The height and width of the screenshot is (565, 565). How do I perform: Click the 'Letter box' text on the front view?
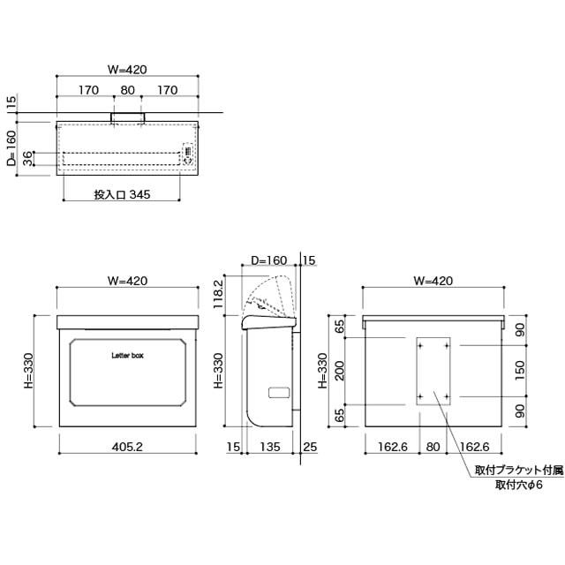tap(127, 356)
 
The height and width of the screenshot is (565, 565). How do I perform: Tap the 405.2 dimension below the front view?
tap(127, 447)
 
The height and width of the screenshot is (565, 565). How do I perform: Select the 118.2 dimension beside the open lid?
tap(218, 294)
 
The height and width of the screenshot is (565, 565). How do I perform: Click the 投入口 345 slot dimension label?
tap(122, 194)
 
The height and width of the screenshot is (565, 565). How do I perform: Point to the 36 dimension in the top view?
tap(27, 159)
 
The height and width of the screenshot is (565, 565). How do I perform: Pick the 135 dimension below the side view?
tap(270, 447)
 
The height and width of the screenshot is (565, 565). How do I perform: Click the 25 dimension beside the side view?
tap(310, 447)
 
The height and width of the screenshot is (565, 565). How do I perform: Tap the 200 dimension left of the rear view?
tap(339, 371)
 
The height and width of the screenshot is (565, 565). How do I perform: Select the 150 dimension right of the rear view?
tap(520, 371)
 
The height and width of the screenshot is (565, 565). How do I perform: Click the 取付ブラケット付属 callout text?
tap(519, 471)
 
